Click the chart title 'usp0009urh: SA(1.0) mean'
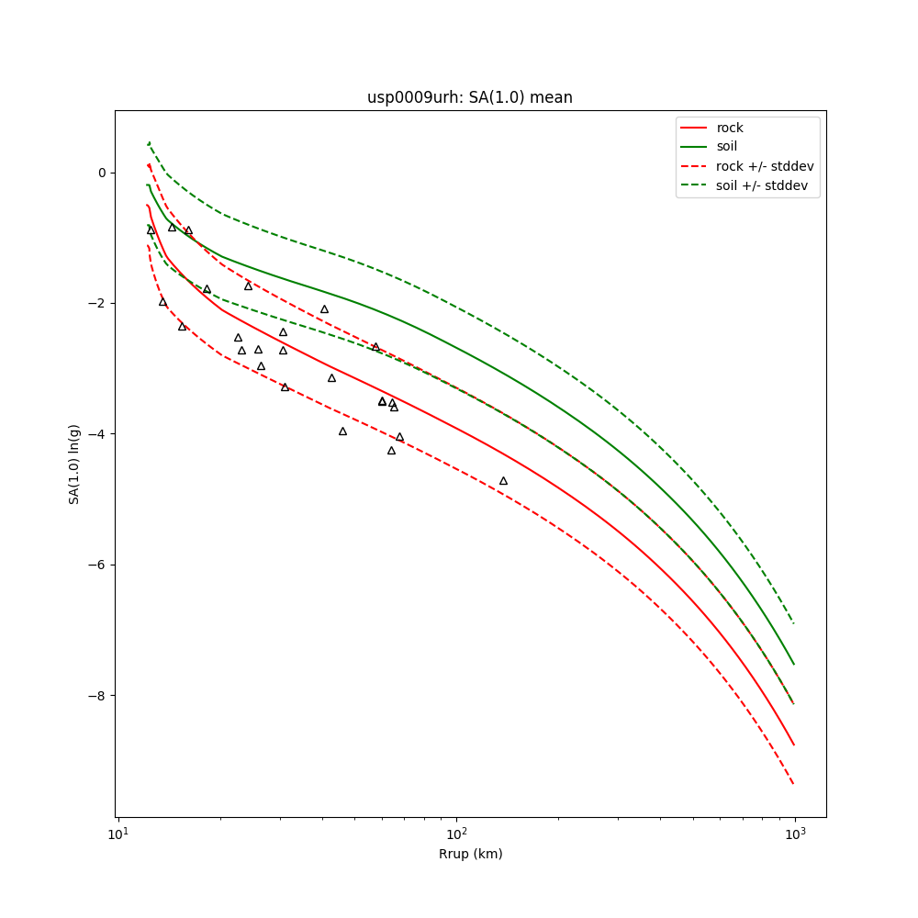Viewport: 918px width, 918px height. [469, 97]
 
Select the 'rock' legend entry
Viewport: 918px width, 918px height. [730, 128]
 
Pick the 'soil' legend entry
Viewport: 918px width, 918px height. [726, 146]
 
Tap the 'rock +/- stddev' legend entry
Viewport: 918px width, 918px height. [765, 166]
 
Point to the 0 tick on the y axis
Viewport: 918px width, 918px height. [101, 173]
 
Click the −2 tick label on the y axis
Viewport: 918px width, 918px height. [97, 303]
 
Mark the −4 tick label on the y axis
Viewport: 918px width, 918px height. [97, 434]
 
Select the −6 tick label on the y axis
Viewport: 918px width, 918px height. [97, 565]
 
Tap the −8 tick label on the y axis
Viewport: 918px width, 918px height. [97, 696]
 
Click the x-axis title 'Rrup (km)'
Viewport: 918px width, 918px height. [470, 854]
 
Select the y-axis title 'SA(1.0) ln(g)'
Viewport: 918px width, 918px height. [74, 464]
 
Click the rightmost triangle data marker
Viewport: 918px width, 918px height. [503, 481]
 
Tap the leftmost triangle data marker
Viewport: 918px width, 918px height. [151, 230]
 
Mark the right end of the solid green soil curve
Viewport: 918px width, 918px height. [794, 665]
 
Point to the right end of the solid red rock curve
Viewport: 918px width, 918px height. [794, 745]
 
